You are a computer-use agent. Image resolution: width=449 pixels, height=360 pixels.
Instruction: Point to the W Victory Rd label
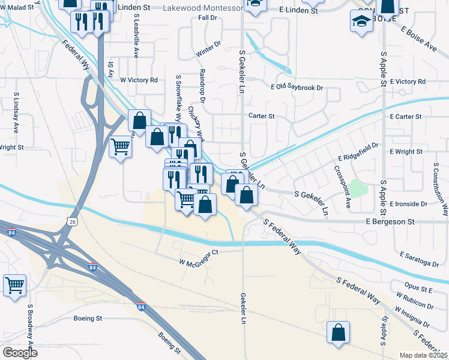point(139,80)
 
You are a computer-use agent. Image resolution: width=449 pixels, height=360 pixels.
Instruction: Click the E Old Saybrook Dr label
point(297,88)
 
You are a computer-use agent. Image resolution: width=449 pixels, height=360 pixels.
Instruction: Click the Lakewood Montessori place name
point(202,7)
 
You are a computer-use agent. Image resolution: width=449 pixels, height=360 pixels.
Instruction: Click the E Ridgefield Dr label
point(358,151)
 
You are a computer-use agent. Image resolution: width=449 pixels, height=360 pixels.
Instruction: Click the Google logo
point(20,352)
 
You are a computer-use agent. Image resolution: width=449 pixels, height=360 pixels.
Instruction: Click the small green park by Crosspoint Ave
point(358,188)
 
